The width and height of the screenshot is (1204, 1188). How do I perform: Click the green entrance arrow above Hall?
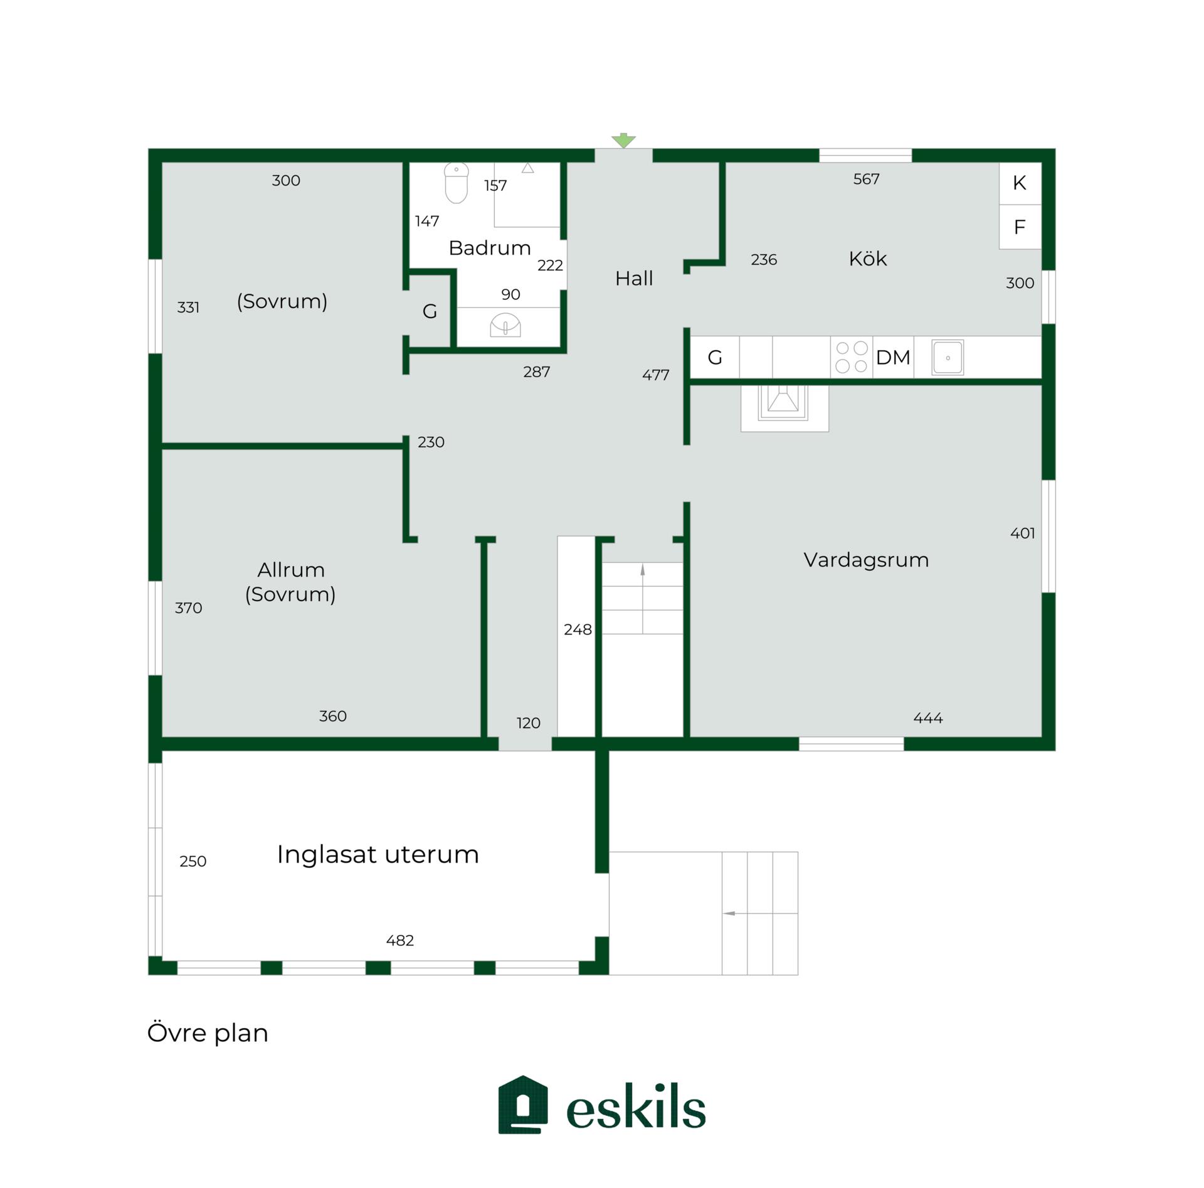(x=623, y=141)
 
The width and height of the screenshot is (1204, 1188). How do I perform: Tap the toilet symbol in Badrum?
(x=457, y=183)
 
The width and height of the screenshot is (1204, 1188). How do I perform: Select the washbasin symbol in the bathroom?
(x=505, y=325)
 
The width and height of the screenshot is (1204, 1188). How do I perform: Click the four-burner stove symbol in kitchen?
(x=852, y=357)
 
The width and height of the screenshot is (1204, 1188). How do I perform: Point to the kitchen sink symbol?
(x=948, y=358)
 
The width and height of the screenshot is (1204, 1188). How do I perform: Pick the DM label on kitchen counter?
(x=893, y=358)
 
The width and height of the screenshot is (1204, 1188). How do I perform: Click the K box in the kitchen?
(x=1020, y=183)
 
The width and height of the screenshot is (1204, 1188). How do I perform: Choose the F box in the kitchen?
(x=1020, y=227)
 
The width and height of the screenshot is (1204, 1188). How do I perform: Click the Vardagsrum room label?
(x=866, y=560)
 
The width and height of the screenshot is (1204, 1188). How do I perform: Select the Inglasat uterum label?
(x=378, y=855)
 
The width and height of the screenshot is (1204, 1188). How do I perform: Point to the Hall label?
(x=634, y=278)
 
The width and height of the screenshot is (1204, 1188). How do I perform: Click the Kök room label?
(x=868, y=259)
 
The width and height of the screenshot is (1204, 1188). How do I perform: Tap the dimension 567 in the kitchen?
(x=866, y=179)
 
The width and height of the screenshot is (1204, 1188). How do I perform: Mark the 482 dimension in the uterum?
(x=400, y=941)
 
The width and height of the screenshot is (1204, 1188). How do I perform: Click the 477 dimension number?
(x=656, y=375)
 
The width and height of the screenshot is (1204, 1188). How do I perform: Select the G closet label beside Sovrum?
(x=430, y=311)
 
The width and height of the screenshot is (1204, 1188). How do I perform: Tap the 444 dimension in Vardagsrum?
(x=928, y=718)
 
